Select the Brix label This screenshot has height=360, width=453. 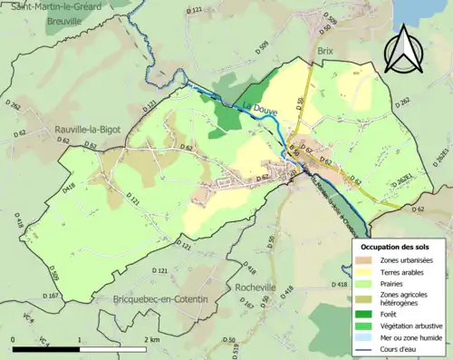tap(326, 54)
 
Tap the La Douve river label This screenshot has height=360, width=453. tap(259, 112)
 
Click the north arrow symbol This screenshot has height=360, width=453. tap(404, 50)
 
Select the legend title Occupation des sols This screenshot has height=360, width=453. tap(395, 247)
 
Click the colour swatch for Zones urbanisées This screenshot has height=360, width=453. tap(369, 261)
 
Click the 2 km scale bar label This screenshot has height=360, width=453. tap(150, 339)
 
